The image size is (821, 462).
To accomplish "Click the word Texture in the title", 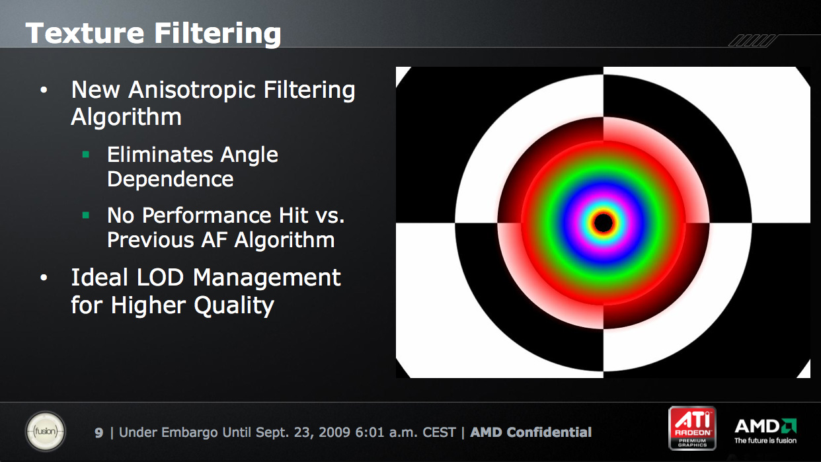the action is click(85, 33).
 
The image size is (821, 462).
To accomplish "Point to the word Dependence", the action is click(170, 179).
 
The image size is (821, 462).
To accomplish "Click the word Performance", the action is click(206, 215).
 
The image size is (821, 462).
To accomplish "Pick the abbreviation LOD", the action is click(159, 278).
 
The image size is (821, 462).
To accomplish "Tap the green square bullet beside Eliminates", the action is click(86, 155).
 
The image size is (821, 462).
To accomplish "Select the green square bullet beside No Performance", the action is click(86, 215).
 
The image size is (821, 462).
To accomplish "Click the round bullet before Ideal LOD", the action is click(44, 278).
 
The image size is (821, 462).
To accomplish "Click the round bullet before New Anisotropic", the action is click(44, 90).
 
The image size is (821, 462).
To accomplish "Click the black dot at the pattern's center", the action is click(604, 222).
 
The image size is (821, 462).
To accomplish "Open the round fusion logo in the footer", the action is click(46, 431).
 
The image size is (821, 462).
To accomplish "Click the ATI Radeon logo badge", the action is click(692, 428).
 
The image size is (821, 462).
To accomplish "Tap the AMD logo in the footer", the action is click(765, 431).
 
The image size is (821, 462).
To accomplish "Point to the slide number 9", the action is click(98, 433).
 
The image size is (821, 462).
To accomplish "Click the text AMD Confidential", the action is click(531, 432).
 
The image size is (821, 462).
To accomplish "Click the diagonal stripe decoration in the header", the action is click(752, 41).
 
